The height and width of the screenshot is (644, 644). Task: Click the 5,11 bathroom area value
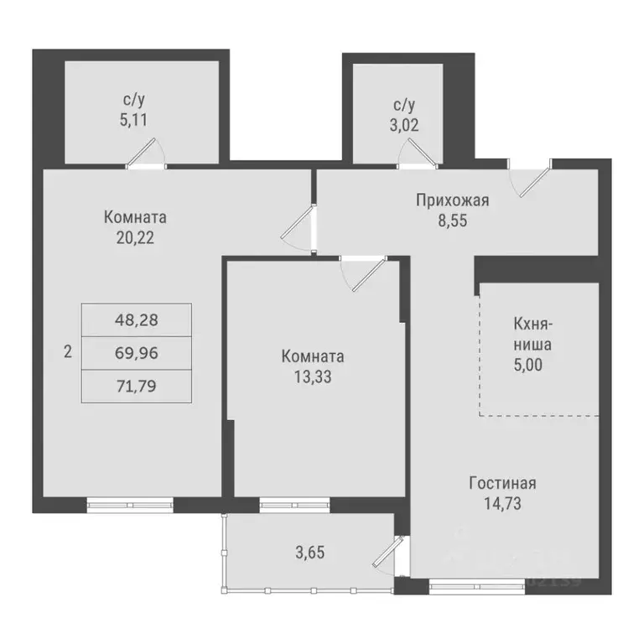click(x=134, y=120)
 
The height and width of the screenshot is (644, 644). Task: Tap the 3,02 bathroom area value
click(x=404, y=127)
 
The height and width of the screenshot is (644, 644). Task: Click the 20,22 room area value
click(x=135, y=236)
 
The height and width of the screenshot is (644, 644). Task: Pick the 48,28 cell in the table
click(x=136, y=319)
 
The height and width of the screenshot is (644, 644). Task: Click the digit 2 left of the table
click(x=66, y=352)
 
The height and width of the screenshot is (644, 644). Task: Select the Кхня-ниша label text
click(x=532, y=333)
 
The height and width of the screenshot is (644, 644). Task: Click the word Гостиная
click(x=501, y=484)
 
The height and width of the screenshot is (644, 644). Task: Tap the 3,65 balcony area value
click(x=309, y=553)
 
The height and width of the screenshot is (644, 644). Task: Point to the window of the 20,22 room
click(x=130, y=504)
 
